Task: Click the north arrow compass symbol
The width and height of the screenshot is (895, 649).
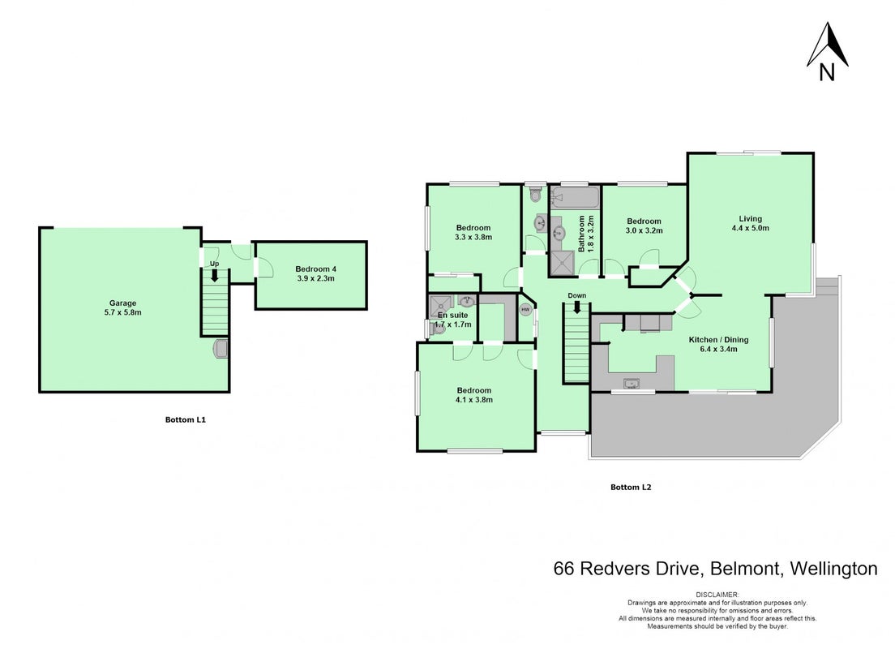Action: [827, 51]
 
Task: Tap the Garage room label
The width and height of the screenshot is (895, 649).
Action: [122, 308]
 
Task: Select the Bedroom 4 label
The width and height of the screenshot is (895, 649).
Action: [315, 273]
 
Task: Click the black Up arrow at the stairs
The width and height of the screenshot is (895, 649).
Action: [215, 275]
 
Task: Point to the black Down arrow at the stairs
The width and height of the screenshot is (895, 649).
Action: [577, 307]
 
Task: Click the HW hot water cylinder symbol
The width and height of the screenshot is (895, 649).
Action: [525, 310]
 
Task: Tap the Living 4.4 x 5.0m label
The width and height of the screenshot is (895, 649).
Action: [750, 223]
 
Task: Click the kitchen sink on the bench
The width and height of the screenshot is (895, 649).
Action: [631, 383]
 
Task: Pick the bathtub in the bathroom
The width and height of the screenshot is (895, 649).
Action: [574, 197]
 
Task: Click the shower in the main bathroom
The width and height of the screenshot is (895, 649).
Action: [562, 262]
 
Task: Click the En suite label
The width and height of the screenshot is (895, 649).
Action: [452, 315]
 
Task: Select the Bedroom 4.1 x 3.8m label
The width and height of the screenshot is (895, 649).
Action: [473, 395]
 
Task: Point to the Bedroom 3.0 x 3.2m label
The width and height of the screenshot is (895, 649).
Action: [644, 226]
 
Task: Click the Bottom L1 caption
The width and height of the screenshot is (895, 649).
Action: [186, 419]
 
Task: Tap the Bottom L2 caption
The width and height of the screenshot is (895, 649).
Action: [631, 488]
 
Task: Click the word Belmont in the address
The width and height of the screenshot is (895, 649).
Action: [746, 569]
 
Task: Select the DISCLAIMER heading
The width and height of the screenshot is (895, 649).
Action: [717, 595]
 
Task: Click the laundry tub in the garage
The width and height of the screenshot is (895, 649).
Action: [221, 349]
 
